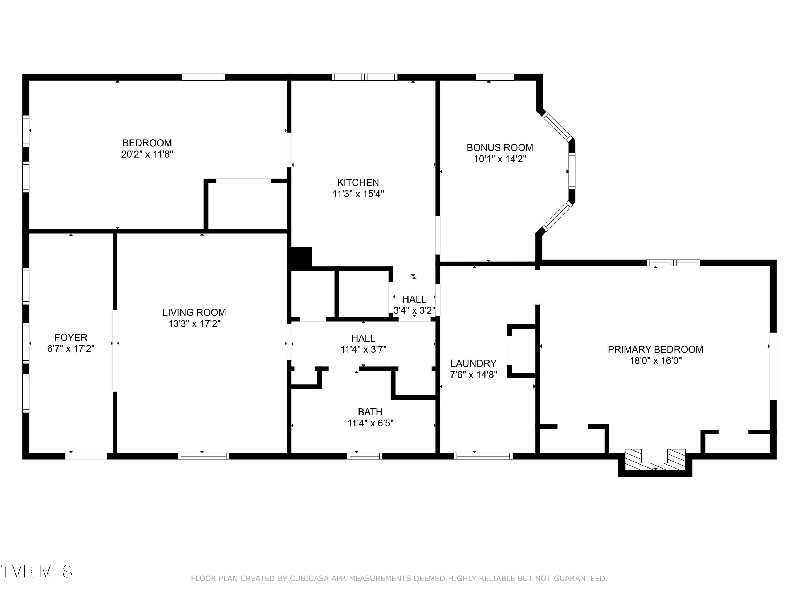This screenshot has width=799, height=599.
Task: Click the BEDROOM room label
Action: [147, 143]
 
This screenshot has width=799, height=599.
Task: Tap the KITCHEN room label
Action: [358, 183]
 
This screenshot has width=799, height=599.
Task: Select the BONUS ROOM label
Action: [500, 148]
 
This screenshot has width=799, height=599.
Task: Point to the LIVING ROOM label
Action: [194, 312]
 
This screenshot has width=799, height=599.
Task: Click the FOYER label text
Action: [71, 338]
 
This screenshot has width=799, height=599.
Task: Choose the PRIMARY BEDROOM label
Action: [655, 350]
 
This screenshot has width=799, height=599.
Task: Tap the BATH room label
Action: [370, 412]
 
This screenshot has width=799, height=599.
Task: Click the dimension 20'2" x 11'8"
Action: [147, 154]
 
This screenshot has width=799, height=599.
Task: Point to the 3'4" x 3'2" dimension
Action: [414, 310]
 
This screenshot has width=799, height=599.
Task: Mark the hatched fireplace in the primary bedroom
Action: [655, 459]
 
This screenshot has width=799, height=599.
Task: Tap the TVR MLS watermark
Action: [36, 572]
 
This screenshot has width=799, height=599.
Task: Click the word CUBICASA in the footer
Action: [309, 579]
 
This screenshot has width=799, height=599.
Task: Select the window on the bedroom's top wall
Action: [203, 77]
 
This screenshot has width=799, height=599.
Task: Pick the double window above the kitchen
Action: [364, 77]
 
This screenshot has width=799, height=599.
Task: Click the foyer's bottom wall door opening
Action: [86, 456]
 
